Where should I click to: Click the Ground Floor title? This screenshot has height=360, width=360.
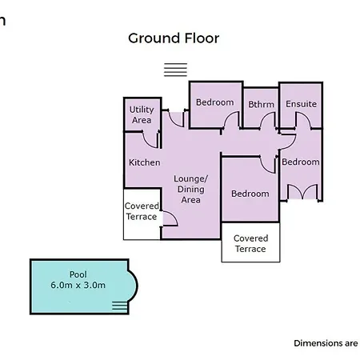tap(174, 38)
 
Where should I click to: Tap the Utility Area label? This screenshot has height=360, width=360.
tap(142, 115)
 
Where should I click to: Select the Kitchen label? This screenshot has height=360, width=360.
tap(145, 162)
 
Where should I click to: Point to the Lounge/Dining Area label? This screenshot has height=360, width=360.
tap(190, 189)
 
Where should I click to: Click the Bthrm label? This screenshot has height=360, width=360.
tap(261, 104)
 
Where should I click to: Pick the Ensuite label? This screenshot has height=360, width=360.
tap(301, 104)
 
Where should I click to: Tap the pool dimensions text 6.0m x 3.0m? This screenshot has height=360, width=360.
tap(78, 285)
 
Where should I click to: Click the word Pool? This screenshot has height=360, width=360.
tap(78, 274)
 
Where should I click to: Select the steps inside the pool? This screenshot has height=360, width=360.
tap(119, 306)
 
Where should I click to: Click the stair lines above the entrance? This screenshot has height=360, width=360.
tap(175, 70)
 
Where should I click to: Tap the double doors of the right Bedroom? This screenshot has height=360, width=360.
tap(302, 192)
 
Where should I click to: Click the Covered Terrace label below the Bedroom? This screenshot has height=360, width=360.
tap(250, 243)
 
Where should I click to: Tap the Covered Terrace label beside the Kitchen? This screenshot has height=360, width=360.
tap(142, 211)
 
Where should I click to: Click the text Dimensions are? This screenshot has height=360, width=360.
tap(326, 343)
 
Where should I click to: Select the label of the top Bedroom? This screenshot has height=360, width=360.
tap(214, 102)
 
